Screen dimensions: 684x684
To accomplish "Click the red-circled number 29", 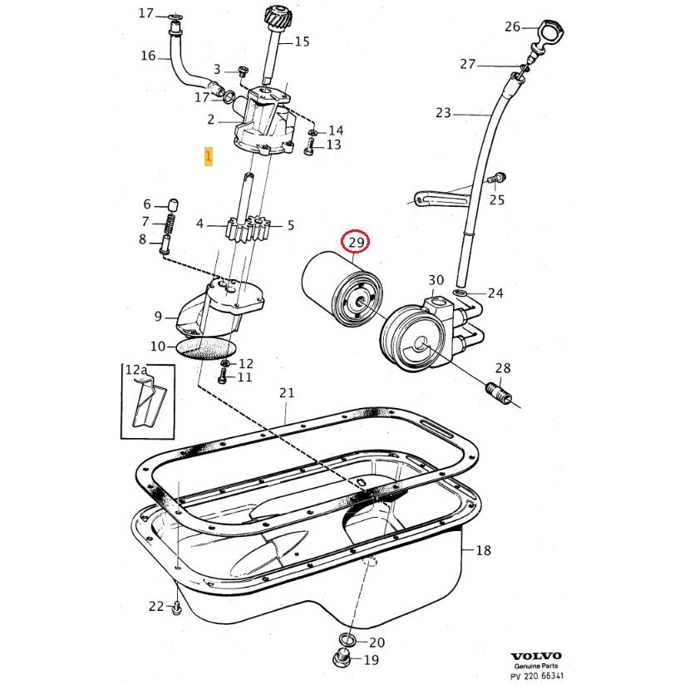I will (357, 242).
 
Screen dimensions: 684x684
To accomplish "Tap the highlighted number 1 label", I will (209, 155).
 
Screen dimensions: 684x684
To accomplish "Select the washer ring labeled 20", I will (347, 641).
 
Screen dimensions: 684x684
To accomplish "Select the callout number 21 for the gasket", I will (287, 392).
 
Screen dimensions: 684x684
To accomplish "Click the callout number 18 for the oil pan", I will (484, 550).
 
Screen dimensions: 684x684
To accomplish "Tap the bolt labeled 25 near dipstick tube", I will (499, 177).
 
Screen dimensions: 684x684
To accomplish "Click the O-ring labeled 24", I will (460, 293).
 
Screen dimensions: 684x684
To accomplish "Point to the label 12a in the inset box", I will (135, 369).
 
